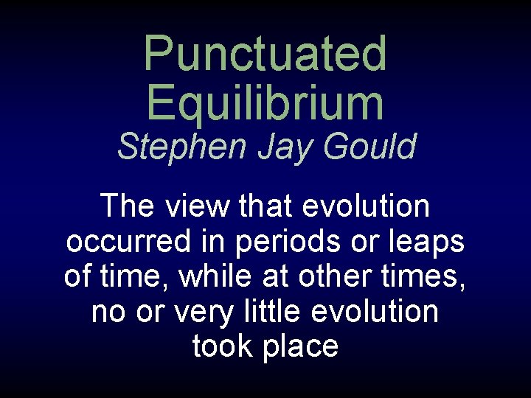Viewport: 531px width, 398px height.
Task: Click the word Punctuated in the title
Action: coord(265,55)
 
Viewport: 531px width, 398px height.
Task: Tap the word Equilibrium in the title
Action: coord(265,103)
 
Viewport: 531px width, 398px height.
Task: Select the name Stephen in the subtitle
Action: coord(180,147)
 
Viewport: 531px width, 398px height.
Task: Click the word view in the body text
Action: coord(197,206)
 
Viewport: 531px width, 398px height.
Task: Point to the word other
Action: coord(334,276)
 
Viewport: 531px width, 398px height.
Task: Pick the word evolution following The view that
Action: coord(366,206)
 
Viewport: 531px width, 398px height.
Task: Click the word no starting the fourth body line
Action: coord(109,312)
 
